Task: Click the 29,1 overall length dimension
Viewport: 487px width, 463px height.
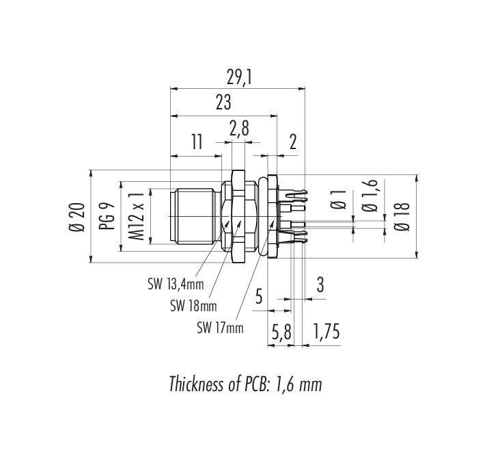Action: click(238, 77)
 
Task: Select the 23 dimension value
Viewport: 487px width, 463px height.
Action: click(223, 103)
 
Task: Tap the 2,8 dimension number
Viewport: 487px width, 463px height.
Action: click(239, 129)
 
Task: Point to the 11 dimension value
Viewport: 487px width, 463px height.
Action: click(196, 142)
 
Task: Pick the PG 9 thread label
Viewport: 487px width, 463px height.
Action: click(107, 216)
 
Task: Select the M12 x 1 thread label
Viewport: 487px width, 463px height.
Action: click(137, 216)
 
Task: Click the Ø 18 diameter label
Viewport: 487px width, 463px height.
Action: click(402, 216)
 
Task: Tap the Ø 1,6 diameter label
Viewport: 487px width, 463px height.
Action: click(370, 196)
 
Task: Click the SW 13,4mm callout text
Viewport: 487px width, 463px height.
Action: click(176, 285)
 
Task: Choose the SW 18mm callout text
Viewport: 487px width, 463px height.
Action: click(193, 306)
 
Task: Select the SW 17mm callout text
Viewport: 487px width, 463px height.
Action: click(220, 328)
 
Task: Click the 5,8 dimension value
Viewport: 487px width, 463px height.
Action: click(281, 332)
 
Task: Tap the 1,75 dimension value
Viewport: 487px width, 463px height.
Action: click(326, 332)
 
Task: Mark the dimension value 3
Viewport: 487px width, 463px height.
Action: click(320, 285)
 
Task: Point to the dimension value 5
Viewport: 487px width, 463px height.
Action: click(259, 296)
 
